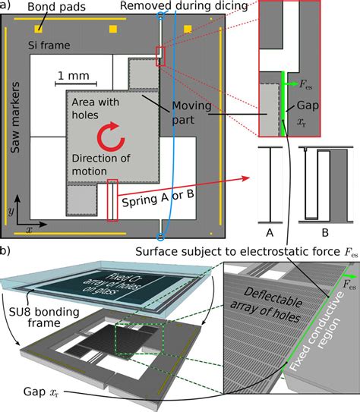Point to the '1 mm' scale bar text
(71, 76)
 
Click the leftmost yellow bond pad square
(37, 29)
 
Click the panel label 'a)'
(6, 6)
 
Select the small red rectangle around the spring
(112, 200)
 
